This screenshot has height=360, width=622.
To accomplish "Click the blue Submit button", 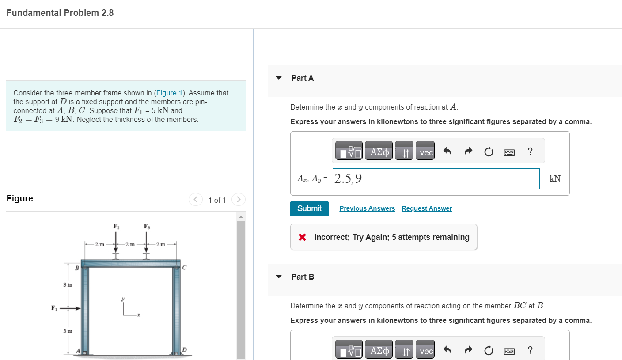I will pos(309,208).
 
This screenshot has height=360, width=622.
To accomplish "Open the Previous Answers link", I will pos(367,208).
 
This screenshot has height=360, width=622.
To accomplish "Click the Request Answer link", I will pos(427,208).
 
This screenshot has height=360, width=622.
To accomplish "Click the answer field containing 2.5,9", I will pos(436,178).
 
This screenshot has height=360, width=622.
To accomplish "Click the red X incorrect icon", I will pos(302,237).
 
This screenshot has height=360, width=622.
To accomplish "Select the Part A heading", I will pos(303,78).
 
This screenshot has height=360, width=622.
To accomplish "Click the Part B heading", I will pos(303,277).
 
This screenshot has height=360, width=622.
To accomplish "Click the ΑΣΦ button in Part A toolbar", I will pos(380,152).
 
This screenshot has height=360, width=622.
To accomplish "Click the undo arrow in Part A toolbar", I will pos(447,152).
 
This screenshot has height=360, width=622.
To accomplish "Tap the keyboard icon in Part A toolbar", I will pos(509,152).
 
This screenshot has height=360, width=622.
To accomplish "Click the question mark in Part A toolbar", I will pos(530,152).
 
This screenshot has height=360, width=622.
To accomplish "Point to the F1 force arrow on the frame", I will pos(71,308).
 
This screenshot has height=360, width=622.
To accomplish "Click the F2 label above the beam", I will pos(117,227).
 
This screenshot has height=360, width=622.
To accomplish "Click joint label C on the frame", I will pos(184,267).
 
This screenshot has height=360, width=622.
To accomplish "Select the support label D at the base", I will pos(185,350).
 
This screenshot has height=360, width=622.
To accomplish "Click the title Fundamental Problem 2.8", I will pos(60,13).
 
